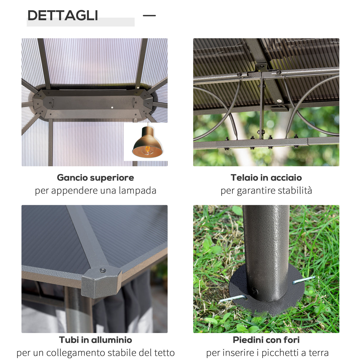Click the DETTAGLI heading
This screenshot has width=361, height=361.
coord(62,15)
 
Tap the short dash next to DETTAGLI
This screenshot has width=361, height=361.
coord(149,15)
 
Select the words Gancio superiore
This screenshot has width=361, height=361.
coord(95,178)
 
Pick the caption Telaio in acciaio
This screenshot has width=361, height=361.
coord(266,178)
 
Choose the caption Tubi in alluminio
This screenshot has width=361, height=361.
coord(95,340)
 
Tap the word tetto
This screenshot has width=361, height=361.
coord(164,353)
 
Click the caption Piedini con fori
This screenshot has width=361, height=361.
coord(266,340)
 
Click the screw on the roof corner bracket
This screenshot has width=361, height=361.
coord(103,270)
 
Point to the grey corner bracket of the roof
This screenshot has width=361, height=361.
coord(101,282)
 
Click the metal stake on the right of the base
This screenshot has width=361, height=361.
coord(303,280)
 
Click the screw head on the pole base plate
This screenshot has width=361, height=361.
coord(255,291)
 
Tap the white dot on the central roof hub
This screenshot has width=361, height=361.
coord(112,107)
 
